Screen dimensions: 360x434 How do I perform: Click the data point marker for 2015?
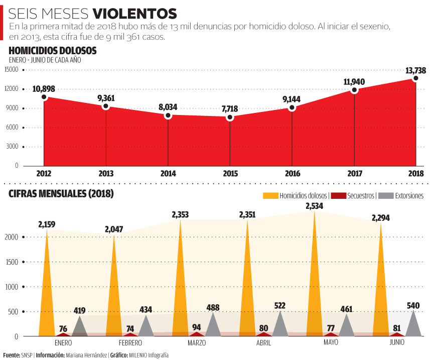point(230,117)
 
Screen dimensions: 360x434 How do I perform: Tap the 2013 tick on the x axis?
point(106,174)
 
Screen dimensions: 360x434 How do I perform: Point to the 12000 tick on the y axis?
point(13,89)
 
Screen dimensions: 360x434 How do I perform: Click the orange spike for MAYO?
point(315,281)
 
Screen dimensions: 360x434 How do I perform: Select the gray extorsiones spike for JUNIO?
point(413,325)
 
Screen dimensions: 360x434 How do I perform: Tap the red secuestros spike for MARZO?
point(197,333)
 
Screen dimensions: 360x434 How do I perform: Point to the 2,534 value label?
point(315,206)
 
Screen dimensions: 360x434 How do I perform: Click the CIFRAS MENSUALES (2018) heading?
point(61,194)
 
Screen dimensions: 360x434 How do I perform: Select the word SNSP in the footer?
point(28,355)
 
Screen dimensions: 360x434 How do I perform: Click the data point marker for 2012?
point(44,97)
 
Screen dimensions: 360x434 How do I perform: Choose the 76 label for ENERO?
point(63,329)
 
